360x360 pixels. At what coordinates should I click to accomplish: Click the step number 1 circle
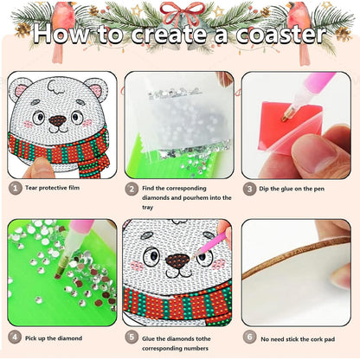pos(15,187)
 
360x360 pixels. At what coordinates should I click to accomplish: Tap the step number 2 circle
pos(132,187)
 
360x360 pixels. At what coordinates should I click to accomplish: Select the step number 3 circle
pos(248,187)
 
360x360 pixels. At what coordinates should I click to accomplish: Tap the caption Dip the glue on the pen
pos(299,187)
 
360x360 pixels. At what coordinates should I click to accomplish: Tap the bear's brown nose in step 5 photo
pos(178,261)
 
